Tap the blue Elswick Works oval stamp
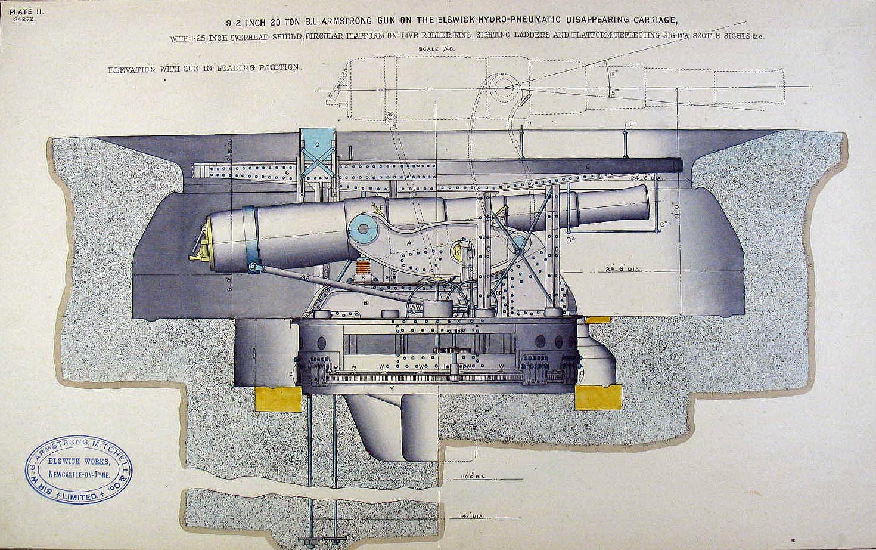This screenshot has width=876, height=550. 78,470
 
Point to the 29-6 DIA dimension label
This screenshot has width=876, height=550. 621,269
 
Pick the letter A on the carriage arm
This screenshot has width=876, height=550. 409,244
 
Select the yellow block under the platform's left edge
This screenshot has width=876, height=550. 278,398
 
